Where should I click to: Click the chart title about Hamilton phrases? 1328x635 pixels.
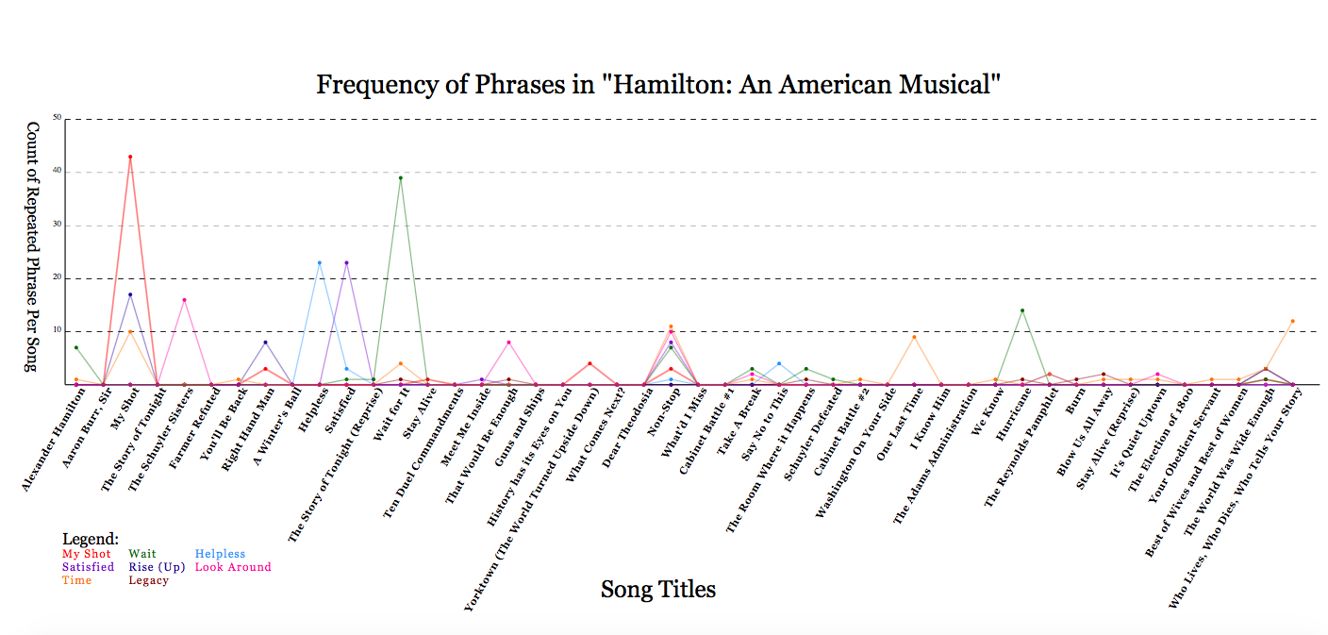click(x=657, y=85)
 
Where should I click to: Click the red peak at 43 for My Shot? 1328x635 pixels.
click(x=130, y=157)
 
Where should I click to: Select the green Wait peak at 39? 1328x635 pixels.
click(x=401, y=177)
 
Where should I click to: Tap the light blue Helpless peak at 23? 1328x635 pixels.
click(x=320, y=262)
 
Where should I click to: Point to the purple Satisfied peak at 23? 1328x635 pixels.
click(x=346, y=262)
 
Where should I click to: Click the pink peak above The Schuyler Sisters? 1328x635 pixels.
click(x=184, y=300)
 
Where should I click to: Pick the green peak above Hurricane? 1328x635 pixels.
click(x=1022, y=310)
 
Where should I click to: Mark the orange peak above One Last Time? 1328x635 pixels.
click(x=914, y=337)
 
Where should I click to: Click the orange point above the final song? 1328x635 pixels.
click(x=1293, y=321)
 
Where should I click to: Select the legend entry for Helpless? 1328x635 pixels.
click(x=220, y=554)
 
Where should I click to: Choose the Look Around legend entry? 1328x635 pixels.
click(x=232, y=567)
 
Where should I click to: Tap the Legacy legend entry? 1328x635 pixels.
click(x=148, y=580)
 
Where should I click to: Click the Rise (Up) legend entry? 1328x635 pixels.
click(x=157, y=567)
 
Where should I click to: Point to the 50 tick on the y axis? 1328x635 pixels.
click(x=58, y=119)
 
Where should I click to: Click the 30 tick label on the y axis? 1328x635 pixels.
click(x=58, y=226)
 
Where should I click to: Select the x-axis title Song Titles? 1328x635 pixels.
click(x=657, y=590)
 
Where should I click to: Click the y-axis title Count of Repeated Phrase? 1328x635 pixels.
click(x=31, y=245)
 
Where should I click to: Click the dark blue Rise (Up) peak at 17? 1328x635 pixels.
click(x=130, y=294)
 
